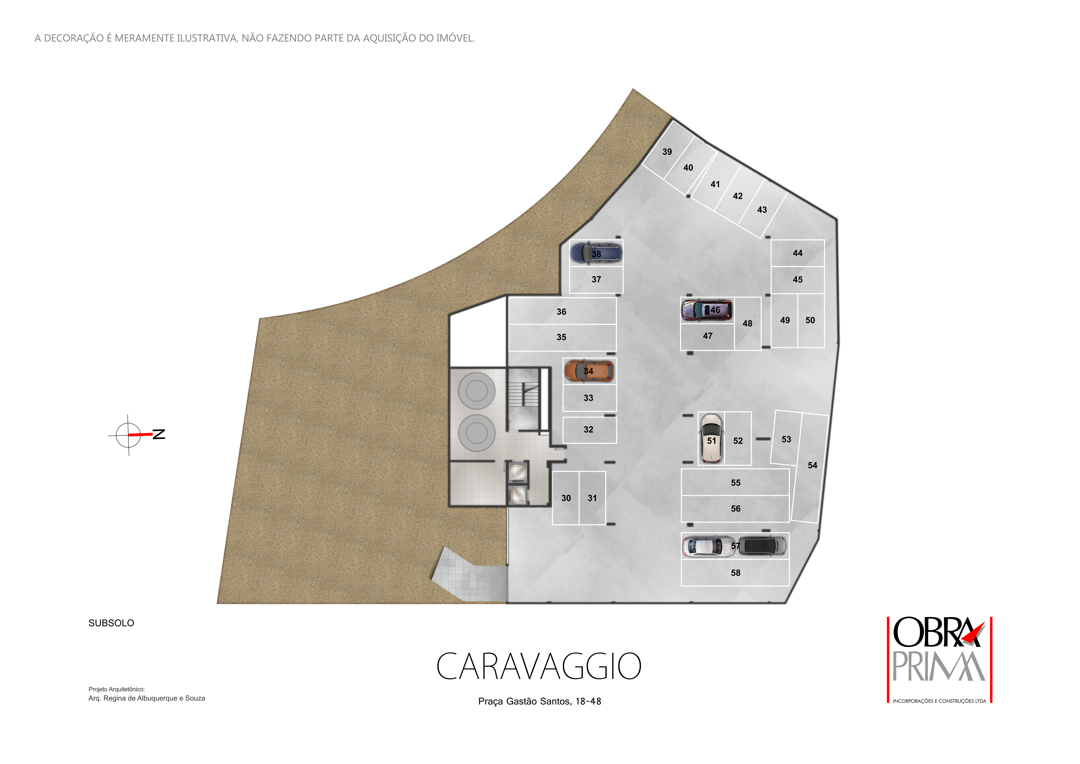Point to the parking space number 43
[762, 210]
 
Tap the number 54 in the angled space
[812, 465]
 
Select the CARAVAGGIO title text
[539, 667]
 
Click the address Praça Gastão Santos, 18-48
[540, 701]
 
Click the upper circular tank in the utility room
[476, 391]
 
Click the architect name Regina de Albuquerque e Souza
[154, 699]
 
